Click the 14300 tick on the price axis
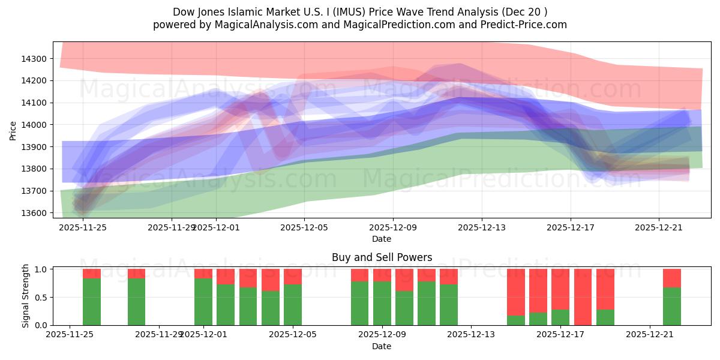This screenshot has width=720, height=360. [35, 59]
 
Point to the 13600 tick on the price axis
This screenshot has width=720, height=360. [35, 213]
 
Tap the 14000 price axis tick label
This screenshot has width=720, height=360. [35, 125]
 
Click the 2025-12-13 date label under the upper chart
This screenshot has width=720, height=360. [482, 227]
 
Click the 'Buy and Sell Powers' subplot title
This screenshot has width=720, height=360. [382, 257]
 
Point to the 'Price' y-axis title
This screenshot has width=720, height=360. [13, 130]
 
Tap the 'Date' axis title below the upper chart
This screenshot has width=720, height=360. [382, 239]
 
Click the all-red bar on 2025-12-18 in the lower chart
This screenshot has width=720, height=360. [583, 297]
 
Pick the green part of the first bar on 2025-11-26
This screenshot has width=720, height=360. [92, 302]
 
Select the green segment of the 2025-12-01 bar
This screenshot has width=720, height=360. [203, 302]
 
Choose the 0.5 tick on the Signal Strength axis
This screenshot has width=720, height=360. [43, 298]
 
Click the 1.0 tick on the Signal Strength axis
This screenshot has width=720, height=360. [43, 269]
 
